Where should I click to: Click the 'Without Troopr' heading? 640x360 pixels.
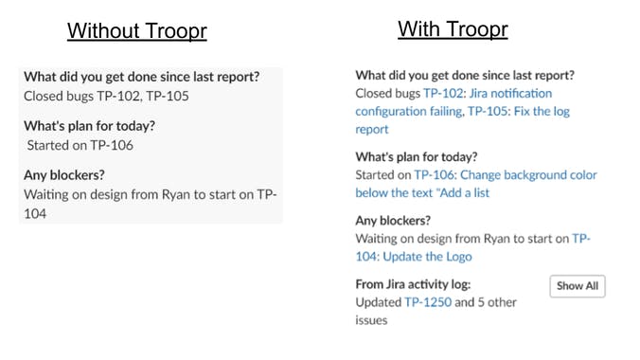(x=136, y=30)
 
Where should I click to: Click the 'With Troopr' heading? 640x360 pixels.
(x=453, y=28)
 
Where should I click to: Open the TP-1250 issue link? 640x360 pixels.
(x=428, y=302)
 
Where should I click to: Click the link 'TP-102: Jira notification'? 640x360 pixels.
(x=487, y=94)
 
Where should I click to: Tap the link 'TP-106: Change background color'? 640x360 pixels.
(x=506, y=175)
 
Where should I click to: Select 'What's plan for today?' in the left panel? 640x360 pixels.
(x=89, y=126)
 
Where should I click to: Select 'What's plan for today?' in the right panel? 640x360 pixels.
(x=417, y=157)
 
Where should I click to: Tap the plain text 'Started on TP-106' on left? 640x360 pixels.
(x=80, y=145)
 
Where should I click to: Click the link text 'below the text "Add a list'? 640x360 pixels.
(x=422, y=193)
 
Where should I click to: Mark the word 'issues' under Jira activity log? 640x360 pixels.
(x=371, y=320)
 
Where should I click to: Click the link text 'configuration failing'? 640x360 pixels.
(x=408, y=112)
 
